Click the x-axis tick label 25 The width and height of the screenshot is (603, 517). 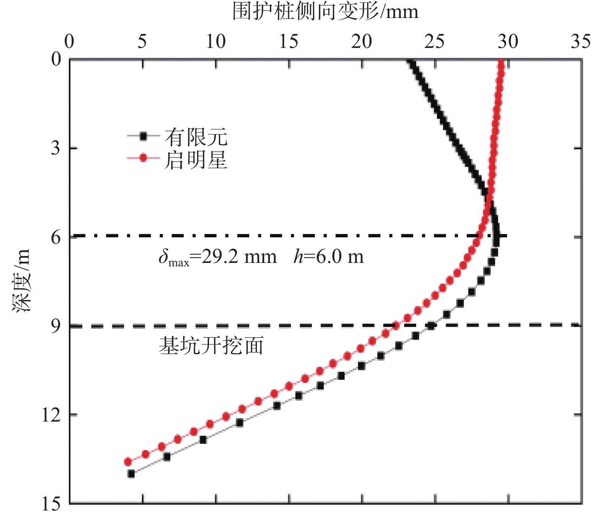434,41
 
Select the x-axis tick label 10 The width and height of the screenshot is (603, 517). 216,41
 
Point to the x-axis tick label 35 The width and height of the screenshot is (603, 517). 580,41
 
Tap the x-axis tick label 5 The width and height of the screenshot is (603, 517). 142,41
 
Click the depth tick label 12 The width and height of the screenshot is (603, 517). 51,415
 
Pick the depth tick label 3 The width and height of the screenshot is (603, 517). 56,148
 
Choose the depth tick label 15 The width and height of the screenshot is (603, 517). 51,504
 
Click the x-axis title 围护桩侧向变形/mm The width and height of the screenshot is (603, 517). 325,11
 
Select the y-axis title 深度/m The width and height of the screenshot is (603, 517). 21,280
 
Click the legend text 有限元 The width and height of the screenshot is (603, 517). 196,137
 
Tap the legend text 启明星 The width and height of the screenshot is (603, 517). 196,160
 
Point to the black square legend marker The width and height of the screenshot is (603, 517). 143,136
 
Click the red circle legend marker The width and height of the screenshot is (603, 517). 143,158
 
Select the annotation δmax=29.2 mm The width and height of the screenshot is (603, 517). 217,257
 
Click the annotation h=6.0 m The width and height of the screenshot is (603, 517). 328,256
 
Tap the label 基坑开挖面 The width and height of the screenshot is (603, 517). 211,346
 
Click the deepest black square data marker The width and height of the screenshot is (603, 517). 131,474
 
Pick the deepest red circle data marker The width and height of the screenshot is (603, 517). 128,462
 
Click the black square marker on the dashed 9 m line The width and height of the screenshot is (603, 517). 431,326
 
